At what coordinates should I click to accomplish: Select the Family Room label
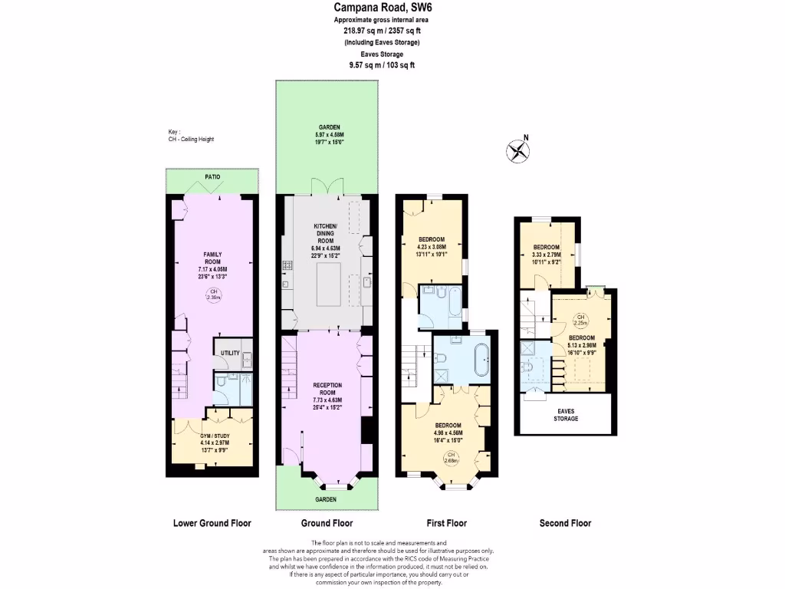coord(212,258)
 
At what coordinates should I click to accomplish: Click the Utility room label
coord(229,353)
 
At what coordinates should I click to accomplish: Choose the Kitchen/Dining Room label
coord(326,231)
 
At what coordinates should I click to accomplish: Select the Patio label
coord(212,177)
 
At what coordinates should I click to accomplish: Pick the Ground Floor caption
coord(327,523)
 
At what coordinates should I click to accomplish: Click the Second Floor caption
coord(565,523)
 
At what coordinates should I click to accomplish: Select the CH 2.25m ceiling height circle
coord(581,320)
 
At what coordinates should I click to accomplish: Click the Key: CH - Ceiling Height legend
coord(191,135)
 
